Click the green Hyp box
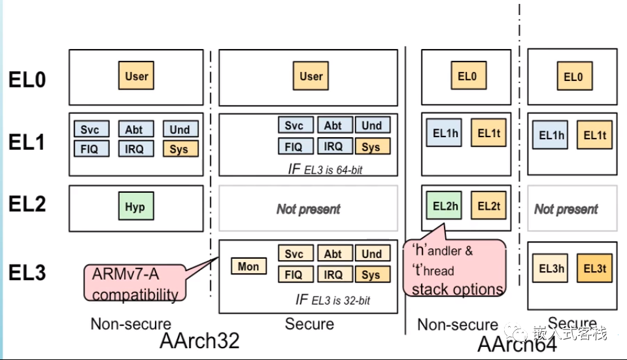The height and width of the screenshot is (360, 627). click(x=135, y=207)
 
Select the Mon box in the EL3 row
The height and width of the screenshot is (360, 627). click(x=248, y=266)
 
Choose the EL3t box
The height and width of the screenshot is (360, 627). click(x=595, y=269)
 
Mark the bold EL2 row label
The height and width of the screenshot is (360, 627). click(x=27, y=205)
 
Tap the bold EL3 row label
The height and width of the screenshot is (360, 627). click(x=27, y=272)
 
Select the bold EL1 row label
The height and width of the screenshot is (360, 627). click(x=27, y=141)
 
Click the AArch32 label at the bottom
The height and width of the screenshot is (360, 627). click(x=199, y=341)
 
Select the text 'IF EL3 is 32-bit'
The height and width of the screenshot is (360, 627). click(x=333, y=301)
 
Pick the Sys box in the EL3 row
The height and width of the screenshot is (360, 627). click(x=371, y=274)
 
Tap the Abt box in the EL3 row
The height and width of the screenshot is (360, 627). click(x=333, y=254)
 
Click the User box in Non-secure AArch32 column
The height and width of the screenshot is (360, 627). click(x=137, y=76)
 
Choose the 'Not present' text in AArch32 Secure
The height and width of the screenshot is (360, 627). click(x=308, y=209)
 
